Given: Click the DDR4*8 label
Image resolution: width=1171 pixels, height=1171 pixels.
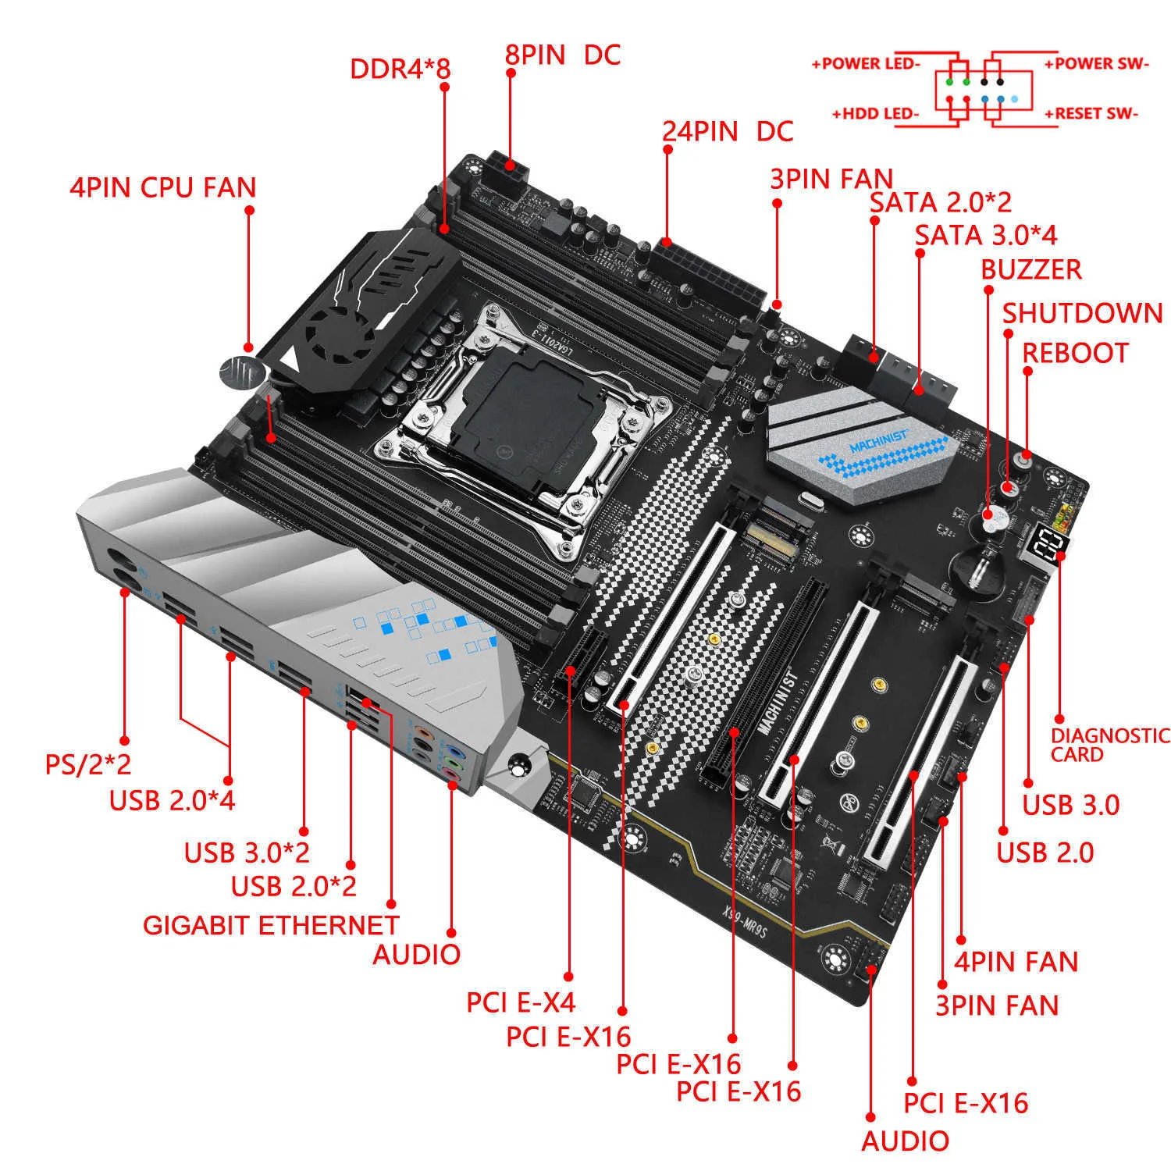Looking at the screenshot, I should (400, 69).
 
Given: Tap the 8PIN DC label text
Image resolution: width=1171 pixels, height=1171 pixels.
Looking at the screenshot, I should (562, 55).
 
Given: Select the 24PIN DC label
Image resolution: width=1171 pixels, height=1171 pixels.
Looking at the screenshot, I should (728, 131).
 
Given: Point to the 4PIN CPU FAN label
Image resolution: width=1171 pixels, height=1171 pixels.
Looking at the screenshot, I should (162, 187).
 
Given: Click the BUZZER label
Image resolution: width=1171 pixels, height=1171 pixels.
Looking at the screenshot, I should (1030, 269).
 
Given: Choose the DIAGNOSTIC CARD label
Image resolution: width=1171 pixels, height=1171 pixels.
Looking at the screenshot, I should (1109, 745).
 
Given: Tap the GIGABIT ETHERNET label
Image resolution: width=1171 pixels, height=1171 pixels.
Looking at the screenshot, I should (270, 925).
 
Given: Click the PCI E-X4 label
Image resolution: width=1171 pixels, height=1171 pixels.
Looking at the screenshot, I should (520, 1002).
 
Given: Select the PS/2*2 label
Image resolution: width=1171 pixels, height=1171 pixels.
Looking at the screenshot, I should (87, 764).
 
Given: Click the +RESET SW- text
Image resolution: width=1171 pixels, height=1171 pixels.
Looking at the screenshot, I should (1091, 114).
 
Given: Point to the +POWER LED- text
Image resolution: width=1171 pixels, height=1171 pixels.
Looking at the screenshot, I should (866, 64).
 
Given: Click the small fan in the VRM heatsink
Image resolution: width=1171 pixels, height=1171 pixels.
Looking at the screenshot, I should (334, 329).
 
